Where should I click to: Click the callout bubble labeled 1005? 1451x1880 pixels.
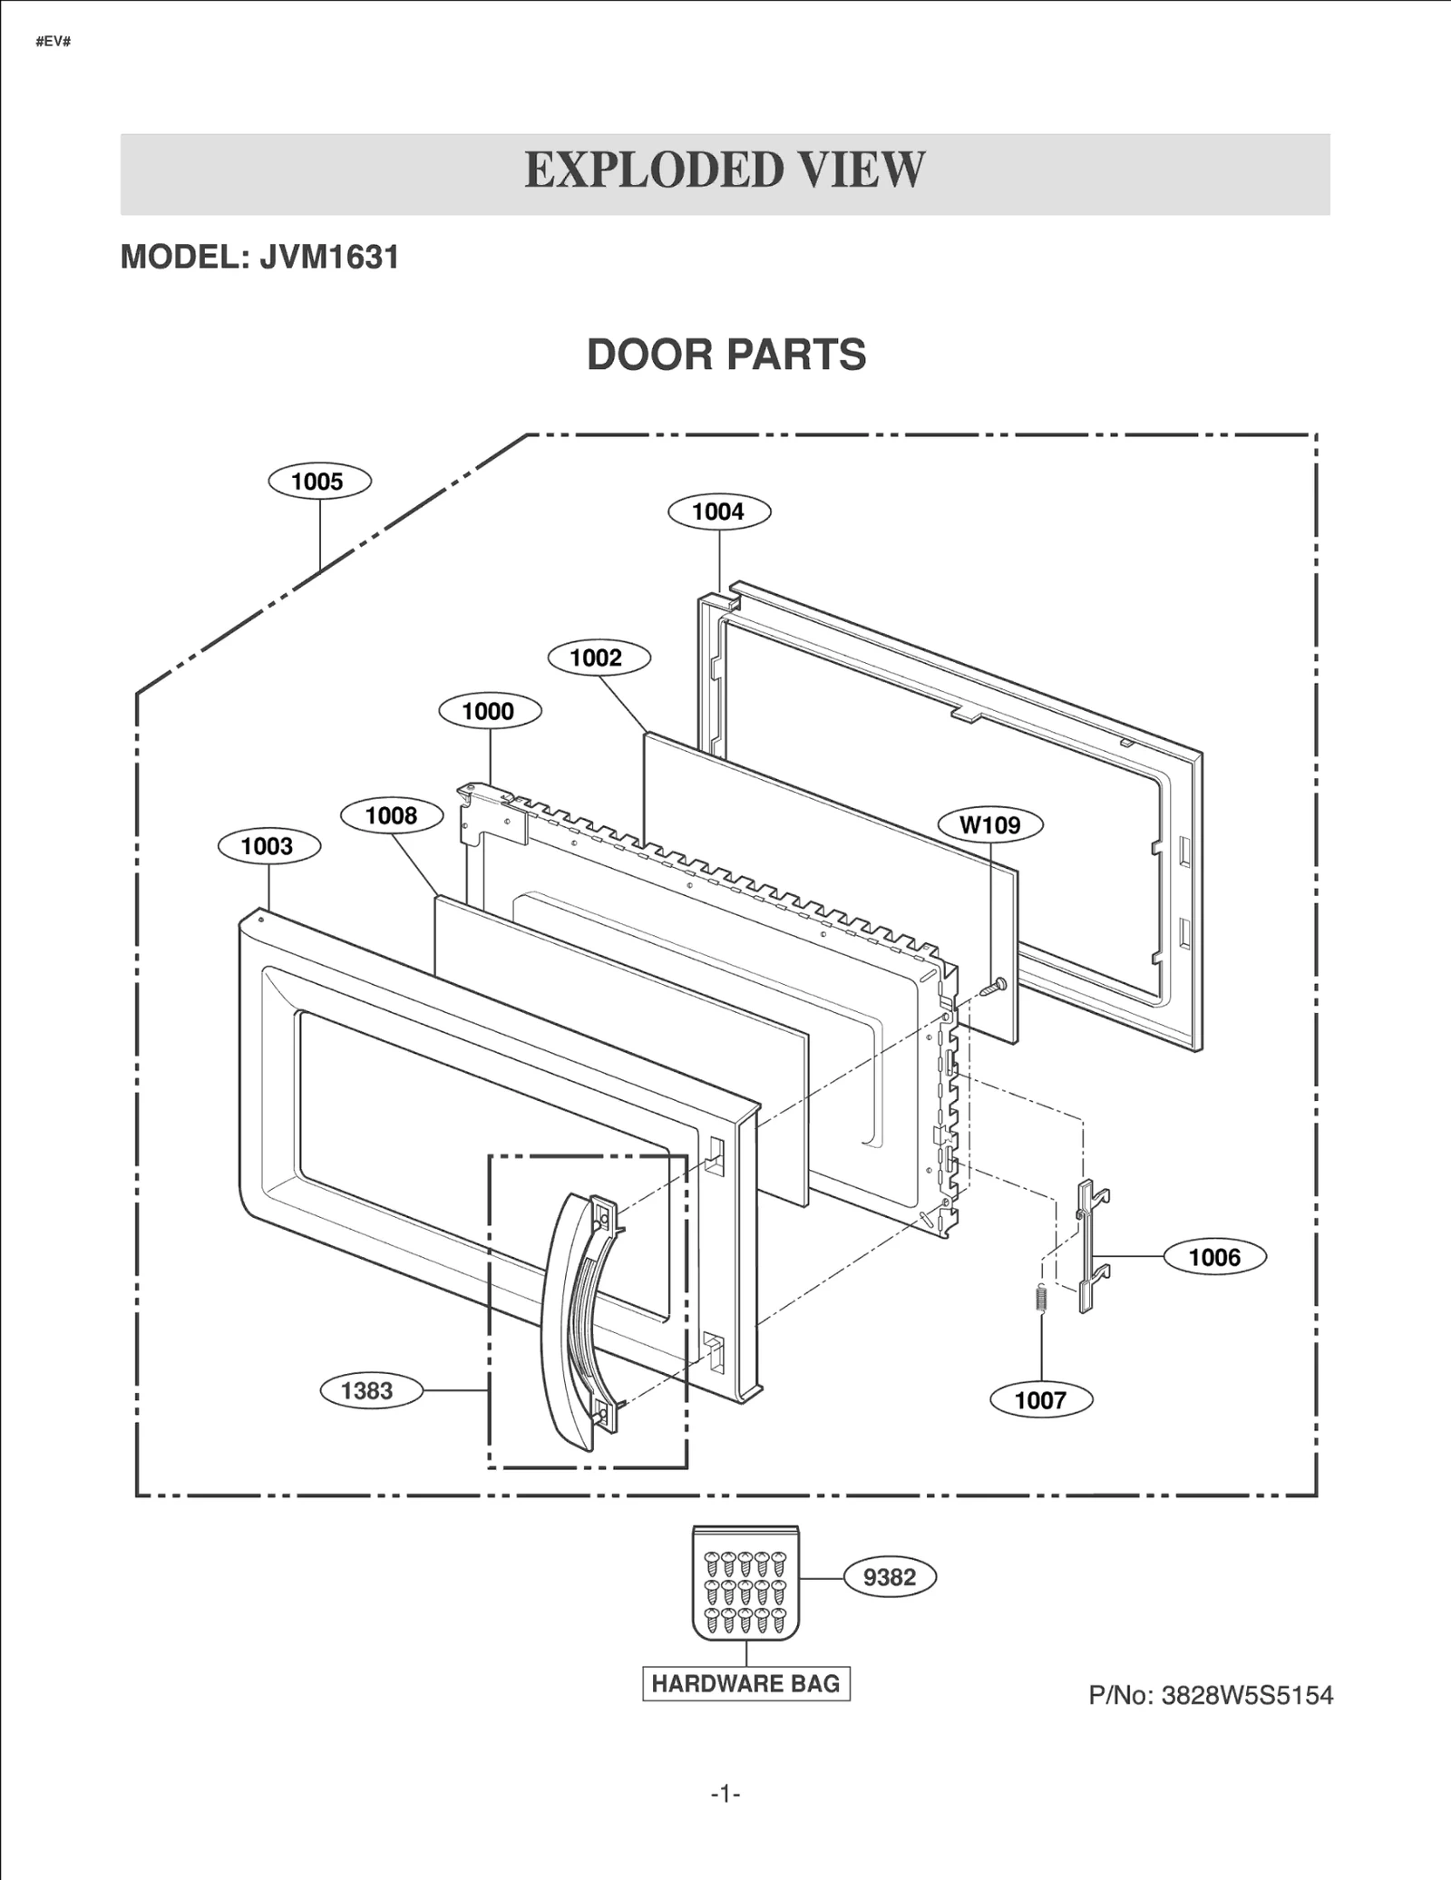pyautogui.click(x=319, y=482)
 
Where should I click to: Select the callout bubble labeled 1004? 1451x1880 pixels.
pyautogui.click(x=719, y=511)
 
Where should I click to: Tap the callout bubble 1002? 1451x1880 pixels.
pyautogui.click(x=599, y=658)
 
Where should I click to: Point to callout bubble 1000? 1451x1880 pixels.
pyautogui.click(x=490, y=711)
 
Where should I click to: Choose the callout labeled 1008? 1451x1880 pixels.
pyautogui.click(x=392, y=815)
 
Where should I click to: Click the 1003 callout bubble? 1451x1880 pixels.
pyautogui.click(x=268, y=846)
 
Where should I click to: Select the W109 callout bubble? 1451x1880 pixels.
pyautogui.click(x=989, y=824)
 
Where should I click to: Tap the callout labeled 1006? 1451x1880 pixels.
pyautogui.click(x=1214, y=1257)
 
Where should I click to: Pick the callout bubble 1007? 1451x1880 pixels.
pyautogui.click(x=1040, y=1399)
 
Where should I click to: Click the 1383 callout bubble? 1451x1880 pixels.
pyautogui.click(x=370, y=1390)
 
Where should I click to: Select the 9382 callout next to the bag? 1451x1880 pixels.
pyautogui.click(x=890, y=1577)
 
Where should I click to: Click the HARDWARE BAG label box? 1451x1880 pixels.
pyautogui.click(x=745, y=1684)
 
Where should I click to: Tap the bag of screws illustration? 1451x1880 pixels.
pyautogui.click(x=745, y=1583)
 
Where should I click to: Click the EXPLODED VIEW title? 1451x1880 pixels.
pyautogui.click(x=725, y=170)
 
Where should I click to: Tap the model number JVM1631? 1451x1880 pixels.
pyautogui.click(x=329, y=258)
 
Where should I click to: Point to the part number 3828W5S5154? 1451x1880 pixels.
pyautogui.click(x=1246, y=1695)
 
